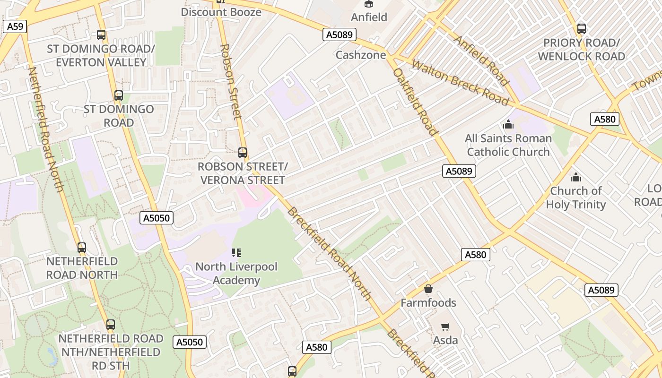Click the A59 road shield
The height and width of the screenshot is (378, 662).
(15, 26)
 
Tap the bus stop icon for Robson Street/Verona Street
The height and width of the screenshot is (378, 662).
(243, 153)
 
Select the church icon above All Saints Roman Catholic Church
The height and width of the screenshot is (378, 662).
(508, 124)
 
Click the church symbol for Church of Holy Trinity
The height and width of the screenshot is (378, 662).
(575, 177)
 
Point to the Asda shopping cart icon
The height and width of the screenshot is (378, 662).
(445, 326)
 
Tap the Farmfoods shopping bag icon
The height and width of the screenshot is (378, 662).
(428, 289)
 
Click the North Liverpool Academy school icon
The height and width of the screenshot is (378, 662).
(236, 253)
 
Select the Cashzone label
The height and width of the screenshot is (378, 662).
(360, 55)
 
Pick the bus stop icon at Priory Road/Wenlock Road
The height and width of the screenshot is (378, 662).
(581, 29)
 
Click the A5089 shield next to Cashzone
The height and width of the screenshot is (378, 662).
(340, 34)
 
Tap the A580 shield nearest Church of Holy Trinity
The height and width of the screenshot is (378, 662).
(605, 119)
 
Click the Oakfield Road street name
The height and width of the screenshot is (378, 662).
(415, 102)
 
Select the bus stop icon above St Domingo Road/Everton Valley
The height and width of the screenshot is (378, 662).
(101, 35)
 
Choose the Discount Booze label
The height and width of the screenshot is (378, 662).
(221, 12)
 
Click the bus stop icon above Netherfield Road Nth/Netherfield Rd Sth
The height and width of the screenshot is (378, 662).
(111, 325)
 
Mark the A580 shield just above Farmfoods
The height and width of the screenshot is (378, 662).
(475, 255)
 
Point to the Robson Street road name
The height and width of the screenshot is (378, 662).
(231, 81)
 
